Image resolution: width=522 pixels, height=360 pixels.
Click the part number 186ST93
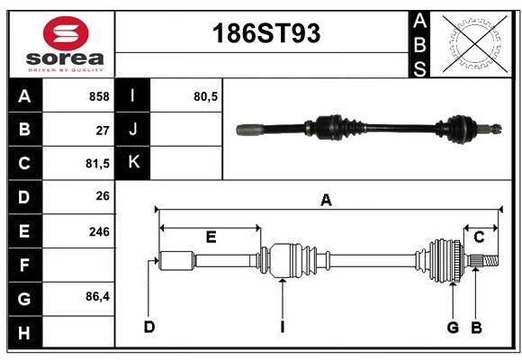265,34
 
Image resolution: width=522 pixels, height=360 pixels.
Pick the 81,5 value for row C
97,164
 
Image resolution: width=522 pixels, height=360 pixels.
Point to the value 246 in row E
99,231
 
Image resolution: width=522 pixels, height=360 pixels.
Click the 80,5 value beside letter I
206,96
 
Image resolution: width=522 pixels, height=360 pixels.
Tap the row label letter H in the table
23,333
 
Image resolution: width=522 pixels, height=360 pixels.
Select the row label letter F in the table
23,265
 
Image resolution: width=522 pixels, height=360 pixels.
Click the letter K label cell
133,163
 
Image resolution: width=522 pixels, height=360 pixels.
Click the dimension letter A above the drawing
326,201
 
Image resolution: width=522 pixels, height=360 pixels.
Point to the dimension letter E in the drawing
211,238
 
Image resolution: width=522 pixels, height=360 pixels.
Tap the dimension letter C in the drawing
479,238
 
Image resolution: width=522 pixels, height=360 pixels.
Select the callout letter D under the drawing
149,327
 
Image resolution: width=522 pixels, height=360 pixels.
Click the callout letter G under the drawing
453,327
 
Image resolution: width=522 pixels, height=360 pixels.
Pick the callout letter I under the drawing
282,327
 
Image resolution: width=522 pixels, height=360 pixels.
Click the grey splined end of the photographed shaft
248,130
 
